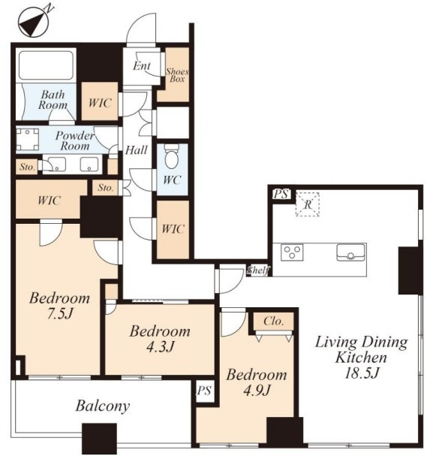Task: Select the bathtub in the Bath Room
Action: tap(46, 65)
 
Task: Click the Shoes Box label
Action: tap(177, 75)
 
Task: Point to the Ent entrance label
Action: tap(142, 66)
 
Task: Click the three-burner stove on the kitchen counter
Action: tap(292, 252)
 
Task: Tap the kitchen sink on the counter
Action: tap(350, 252)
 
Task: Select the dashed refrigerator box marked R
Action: tap(307, 204)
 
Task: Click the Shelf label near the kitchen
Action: tap(257, 270)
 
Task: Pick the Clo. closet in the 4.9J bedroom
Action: tap(274, 322)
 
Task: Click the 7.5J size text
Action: tap(59, 314)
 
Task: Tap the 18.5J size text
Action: tap(362, 373)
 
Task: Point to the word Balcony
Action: tap(102, 406)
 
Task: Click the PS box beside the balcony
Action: tap(205, 391)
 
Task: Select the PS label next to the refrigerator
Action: tap(281, 194)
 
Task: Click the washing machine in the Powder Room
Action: tap(27, 139)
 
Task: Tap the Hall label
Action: tap(137, 150)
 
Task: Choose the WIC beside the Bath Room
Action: tap(99, 101)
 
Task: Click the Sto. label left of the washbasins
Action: tap(27, 168)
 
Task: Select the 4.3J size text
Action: tap(160, 347)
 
